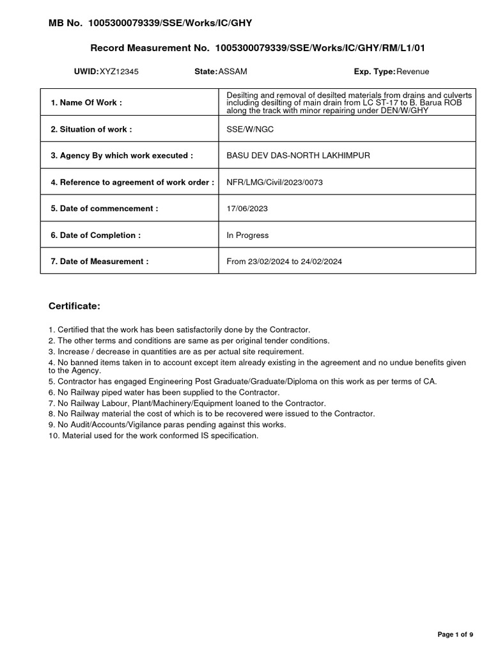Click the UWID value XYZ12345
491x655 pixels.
click(119, 72)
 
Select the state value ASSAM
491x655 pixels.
click(233, 72)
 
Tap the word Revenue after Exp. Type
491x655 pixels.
click(413, 72)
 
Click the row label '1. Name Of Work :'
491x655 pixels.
click(86, 102)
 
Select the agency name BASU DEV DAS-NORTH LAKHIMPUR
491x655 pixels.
click(298, 155)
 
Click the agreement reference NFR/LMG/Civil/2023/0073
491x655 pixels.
click(275, 182)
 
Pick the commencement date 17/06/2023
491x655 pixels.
click(246, 209)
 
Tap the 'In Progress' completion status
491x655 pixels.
click(248, 235)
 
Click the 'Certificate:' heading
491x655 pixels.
click(74, 306)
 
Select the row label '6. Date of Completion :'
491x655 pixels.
click(95, 235)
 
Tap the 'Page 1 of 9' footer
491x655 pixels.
click(455, 635)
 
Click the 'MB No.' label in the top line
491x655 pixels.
click(66, 23)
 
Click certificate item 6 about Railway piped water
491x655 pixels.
click(164, 392)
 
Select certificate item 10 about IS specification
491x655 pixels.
click(153, 436)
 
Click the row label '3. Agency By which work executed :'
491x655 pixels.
click(121, 155)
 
